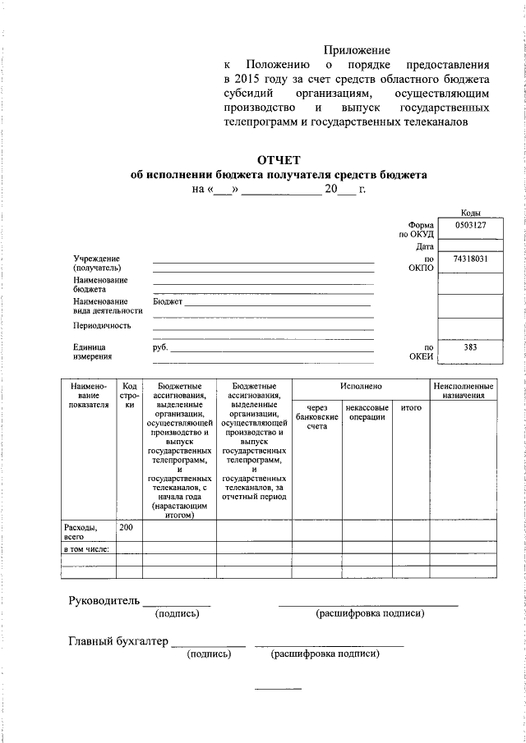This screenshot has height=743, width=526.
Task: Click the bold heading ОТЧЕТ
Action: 279,159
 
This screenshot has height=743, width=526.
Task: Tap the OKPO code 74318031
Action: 471,259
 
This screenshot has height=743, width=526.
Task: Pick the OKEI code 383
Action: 471,347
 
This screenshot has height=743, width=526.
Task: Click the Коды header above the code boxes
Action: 471,213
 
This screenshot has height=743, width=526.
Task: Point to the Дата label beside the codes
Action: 424,246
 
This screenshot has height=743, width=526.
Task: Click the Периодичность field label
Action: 102,325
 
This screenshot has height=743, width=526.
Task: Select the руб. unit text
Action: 160,347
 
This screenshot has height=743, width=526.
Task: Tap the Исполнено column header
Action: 361,385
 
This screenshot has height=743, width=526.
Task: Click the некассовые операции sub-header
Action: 367,412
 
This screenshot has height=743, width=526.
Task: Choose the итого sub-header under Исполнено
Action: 411,407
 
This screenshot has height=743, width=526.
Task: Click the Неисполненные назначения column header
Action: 464,390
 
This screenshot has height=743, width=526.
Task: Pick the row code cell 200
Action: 127,526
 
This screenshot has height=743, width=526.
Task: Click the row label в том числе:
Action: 86,548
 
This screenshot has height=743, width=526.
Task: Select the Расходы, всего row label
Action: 81,531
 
